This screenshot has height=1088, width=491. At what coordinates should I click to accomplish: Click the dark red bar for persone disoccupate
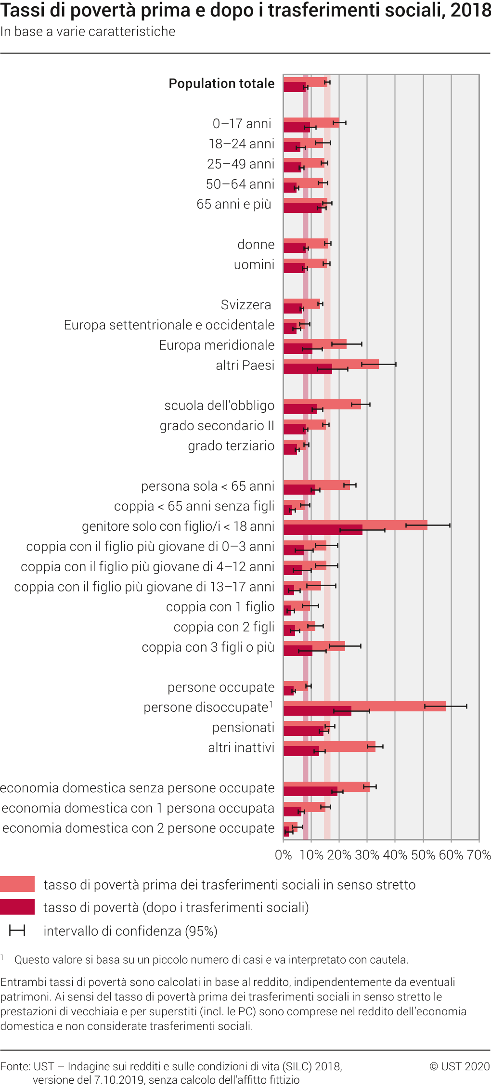317,711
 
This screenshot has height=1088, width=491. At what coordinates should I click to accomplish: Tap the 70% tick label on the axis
479,855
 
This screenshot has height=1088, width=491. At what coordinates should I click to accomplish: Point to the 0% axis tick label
283,855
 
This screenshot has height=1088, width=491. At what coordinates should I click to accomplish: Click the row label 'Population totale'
221,83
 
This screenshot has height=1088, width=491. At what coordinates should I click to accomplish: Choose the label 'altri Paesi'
245,365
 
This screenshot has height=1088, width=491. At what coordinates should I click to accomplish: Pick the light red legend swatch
17,884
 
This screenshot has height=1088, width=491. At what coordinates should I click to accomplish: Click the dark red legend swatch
17,907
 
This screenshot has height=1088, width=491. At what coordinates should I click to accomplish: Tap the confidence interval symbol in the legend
17,931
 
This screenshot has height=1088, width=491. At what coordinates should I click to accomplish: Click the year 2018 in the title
471,11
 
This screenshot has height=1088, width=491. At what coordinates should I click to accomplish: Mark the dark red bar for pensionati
303,731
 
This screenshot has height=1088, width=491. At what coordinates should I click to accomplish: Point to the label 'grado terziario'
231,446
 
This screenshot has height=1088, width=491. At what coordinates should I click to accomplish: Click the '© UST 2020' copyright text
459,1066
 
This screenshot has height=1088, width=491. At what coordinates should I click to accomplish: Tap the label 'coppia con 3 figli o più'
208,647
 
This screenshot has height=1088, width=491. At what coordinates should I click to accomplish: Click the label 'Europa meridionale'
217,345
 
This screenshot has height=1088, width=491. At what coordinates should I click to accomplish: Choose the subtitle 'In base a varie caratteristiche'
88,32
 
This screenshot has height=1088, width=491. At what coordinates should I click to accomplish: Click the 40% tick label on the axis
395,855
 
